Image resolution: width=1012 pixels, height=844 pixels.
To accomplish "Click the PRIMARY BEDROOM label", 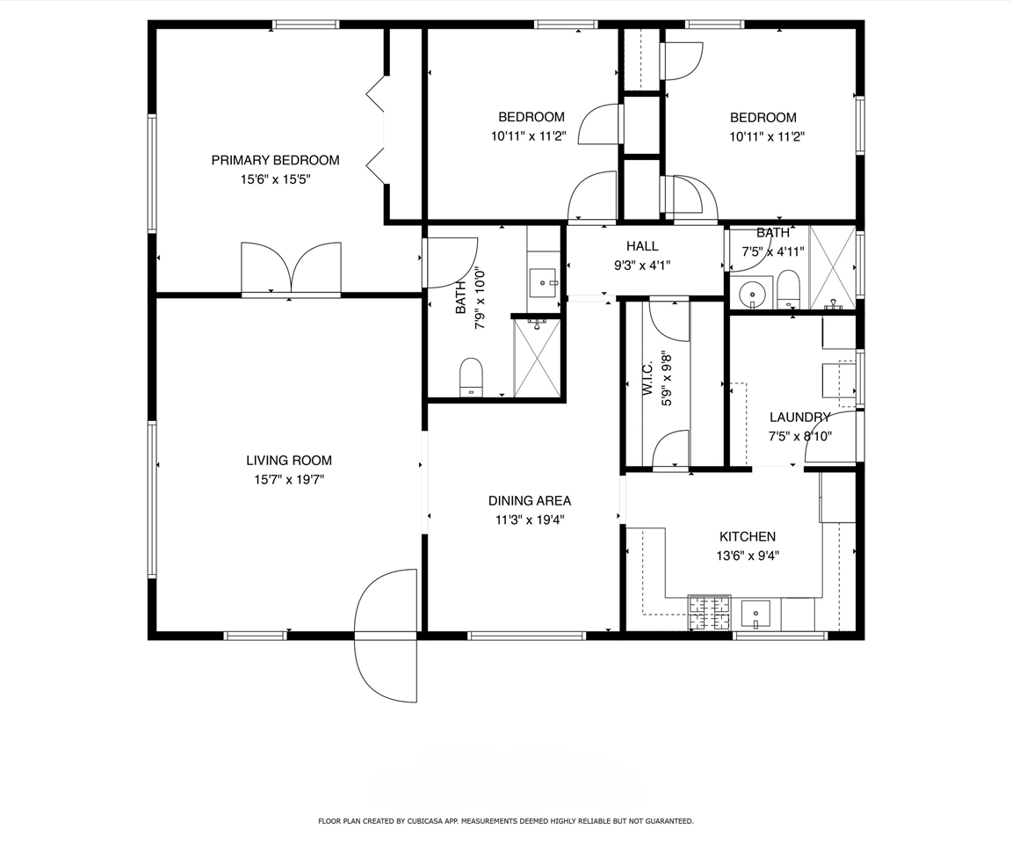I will tap(275, 160).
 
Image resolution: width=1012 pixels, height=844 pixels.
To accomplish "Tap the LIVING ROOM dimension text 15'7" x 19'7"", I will tap(289, 480).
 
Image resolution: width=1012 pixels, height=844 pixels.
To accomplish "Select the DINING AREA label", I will tap(530, 501).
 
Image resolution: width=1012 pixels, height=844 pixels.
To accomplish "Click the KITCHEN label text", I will tap(748, 536).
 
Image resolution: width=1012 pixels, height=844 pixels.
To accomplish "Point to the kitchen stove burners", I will tap(709, 613).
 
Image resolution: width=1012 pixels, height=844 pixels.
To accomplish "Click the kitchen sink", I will tap(755, 613).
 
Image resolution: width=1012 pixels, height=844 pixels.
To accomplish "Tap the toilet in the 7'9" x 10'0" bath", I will tap(472, 377).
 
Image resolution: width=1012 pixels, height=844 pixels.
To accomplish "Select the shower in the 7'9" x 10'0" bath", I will tap(537, 358).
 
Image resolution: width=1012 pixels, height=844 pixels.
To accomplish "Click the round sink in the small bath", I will tap(750, 294).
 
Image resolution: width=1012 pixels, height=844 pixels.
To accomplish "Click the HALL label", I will tap(642, 246).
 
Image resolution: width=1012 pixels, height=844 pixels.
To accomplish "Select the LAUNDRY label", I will tap(799, 418).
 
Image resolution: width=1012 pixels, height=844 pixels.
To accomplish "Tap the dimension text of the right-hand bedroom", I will tap(767, 136).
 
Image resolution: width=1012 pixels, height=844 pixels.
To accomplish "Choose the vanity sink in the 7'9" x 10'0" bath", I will tap(544, 283).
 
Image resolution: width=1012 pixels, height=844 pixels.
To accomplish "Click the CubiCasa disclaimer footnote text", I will tap(506, 821).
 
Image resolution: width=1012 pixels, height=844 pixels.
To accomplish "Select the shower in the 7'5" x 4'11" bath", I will tap(831, 266).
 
